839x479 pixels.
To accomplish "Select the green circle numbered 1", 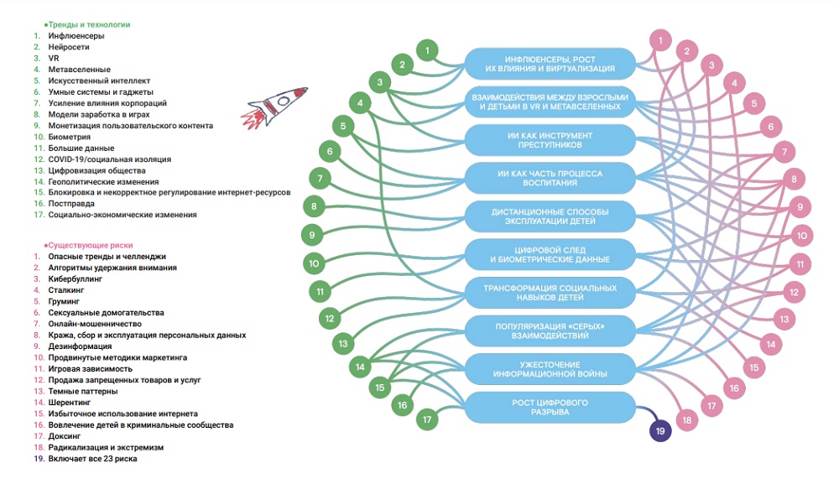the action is tap(427, 51).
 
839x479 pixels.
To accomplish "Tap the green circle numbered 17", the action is tap(427, 419).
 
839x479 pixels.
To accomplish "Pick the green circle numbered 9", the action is tap(312, 235).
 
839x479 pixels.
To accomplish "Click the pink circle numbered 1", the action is tap(660, 40).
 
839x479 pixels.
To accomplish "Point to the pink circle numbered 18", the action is tap(686, 420).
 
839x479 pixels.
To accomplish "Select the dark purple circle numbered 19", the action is tap(660, 431).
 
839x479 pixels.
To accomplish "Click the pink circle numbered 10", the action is tap(801, 236).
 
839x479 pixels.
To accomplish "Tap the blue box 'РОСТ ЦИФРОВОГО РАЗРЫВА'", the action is tap(550, 408).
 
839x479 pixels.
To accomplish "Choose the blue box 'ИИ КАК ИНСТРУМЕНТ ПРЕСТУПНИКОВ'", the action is tap(550, 140).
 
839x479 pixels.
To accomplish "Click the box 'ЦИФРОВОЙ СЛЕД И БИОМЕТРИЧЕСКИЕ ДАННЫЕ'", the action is tap(550, 255).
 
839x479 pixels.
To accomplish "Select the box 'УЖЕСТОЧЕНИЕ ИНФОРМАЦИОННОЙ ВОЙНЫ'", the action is tap(550, 369).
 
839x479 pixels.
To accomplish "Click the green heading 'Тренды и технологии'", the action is tap(87, 24).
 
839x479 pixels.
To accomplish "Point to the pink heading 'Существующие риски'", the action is tap(88, 245).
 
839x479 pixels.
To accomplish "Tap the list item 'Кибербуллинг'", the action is tap(75, 279).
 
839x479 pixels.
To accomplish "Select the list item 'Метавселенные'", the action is tap(79, 70).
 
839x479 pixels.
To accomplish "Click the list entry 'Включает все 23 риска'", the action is tap(92, 459).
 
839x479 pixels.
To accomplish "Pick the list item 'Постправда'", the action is tap(71, 204).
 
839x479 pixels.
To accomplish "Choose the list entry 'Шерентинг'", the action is tap(70, 403).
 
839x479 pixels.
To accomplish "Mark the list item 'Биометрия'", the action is tap(69, 137).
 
